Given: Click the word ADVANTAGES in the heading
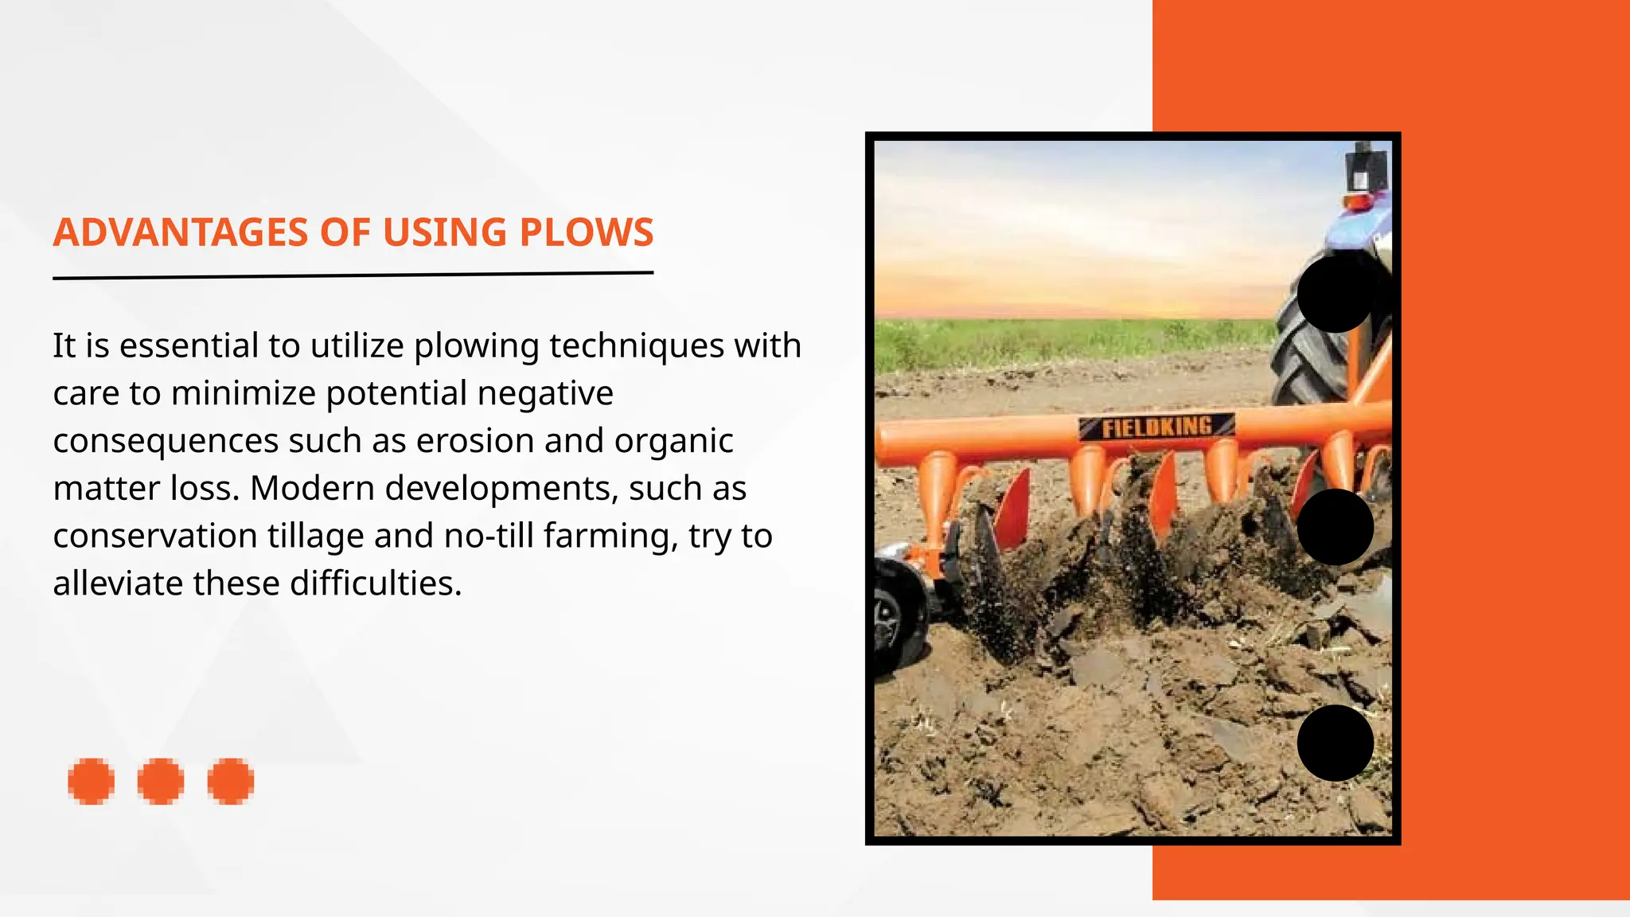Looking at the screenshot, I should tap(180, 232).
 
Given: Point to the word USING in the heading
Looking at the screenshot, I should tap(444, 232).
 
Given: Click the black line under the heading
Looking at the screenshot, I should tap(353, 275).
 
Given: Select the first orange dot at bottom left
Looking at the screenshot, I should tap(91, 781).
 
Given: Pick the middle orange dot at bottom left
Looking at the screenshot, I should tap(161, 781).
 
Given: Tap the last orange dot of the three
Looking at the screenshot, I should tap(231, 781).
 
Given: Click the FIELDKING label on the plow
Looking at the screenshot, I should tap(1156, 427).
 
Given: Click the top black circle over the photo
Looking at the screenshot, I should tap(1335, 295).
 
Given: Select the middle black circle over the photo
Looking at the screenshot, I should tap(1335, 527).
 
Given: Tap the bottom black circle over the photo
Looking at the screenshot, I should tap(1335, 743).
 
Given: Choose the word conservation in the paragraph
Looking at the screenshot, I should tap(155, 536).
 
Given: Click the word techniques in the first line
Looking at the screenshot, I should tap(636, 345).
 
